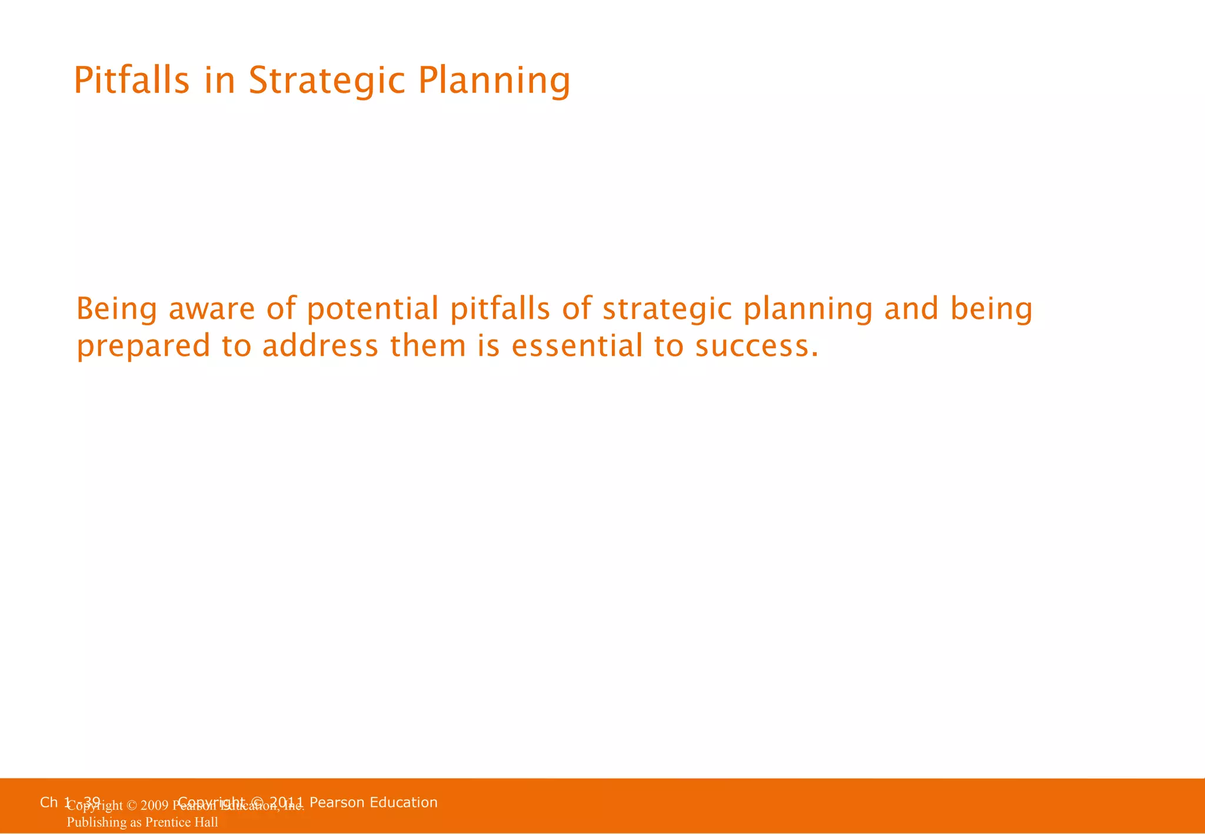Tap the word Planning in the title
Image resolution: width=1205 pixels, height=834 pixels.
coord(494,81)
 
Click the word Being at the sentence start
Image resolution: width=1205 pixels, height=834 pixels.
coord(116,309)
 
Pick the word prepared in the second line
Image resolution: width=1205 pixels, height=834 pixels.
coord(144,347)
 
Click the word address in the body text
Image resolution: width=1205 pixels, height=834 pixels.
coord(320,346)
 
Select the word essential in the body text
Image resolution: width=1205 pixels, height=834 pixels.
coord(577,346)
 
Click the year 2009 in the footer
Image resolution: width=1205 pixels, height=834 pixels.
coord(155,806)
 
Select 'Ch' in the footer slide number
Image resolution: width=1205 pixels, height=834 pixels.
coord(49,802)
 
